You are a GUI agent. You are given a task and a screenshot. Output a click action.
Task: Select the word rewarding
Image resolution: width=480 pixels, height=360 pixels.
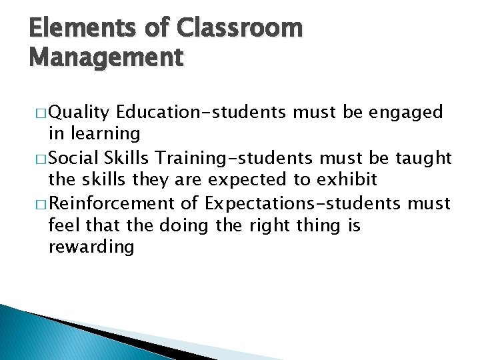pyautogui.click(x=91, y=247)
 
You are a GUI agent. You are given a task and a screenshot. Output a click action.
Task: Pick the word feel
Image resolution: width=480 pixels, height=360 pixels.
pyautogui.click(x=62, y=225)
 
